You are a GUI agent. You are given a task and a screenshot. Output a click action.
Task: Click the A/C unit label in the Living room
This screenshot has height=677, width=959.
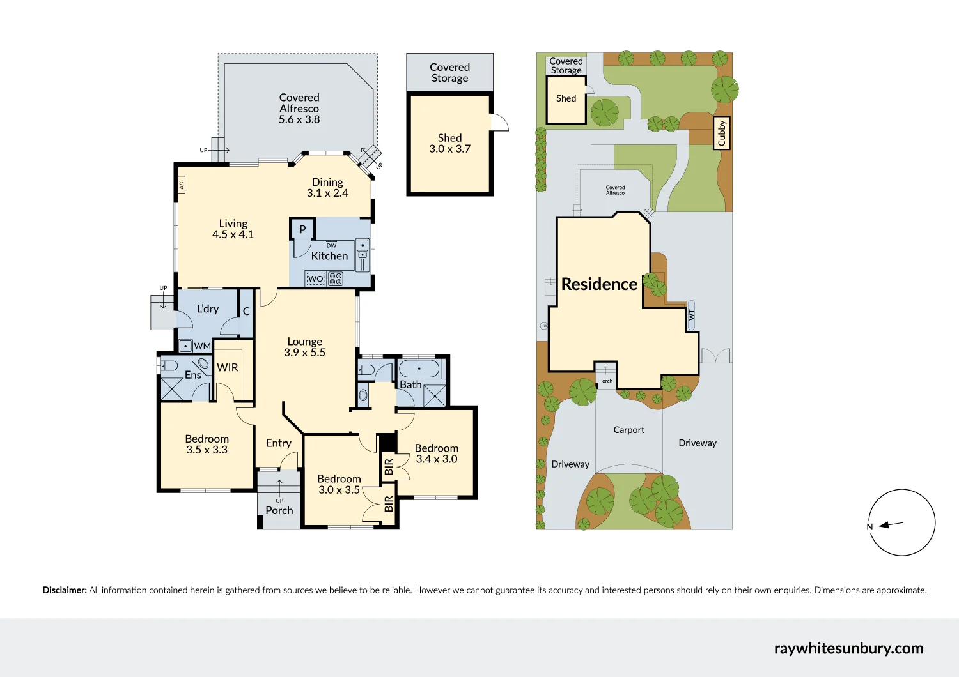click(x=181, y=185)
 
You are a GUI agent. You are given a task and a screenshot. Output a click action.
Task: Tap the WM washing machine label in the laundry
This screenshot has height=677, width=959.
click(x=202, y=346)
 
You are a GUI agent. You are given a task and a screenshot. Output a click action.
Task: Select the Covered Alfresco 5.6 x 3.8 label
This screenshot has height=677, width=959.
click(x=299, y=109)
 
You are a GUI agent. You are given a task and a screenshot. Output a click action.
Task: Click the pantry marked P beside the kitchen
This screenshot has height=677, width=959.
click(x=302, y=229)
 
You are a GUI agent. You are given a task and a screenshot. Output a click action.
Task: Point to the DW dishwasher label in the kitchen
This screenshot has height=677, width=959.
click(x=331, y=245)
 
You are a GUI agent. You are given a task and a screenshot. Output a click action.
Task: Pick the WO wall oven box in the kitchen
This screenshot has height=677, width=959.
click(x=315, y=278)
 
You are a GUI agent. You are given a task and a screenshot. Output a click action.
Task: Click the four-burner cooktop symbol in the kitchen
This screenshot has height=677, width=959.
click(x=336, y=278)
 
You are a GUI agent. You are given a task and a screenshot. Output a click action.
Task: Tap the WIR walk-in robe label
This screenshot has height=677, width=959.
click(x=228, y=367)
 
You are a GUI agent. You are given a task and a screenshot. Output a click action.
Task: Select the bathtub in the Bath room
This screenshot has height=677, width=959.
click(x=419, y=369)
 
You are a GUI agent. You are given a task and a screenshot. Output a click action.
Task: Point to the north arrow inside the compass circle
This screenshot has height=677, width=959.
click(x=891, y=525)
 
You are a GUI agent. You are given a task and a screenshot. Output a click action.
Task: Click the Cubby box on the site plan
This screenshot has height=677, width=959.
click(x=722, y=133)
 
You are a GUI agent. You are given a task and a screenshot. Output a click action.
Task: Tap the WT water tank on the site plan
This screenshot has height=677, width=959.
click(x=691, y=315)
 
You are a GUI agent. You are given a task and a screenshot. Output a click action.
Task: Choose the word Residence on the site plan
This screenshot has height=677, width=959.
click(x=599, y=284)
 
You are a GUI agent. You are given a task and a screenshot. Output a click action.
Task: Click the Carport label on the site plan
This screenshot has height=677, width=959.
click(x=628, y=430)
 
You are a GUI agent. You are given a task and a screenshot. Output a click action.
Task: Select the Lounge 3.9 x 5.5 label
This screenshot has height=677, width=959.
click(x=305, y=347)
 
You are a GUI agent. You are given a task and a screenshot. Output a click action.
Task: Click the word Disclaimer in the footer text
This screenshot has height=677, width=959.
click(x=65, y=590)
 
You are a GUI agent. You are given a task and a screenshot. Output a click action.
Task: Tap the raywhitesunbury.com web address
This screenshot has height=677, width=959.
click(x=848, y=648)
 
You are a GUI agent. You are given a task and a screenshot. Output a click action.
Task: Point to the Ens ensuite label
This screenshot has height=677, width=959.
click(x=193, y=375)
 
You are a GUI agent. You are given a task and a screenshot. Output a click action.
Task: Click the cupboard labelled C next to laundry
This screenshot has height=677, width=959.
click(x=246, y=312)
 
